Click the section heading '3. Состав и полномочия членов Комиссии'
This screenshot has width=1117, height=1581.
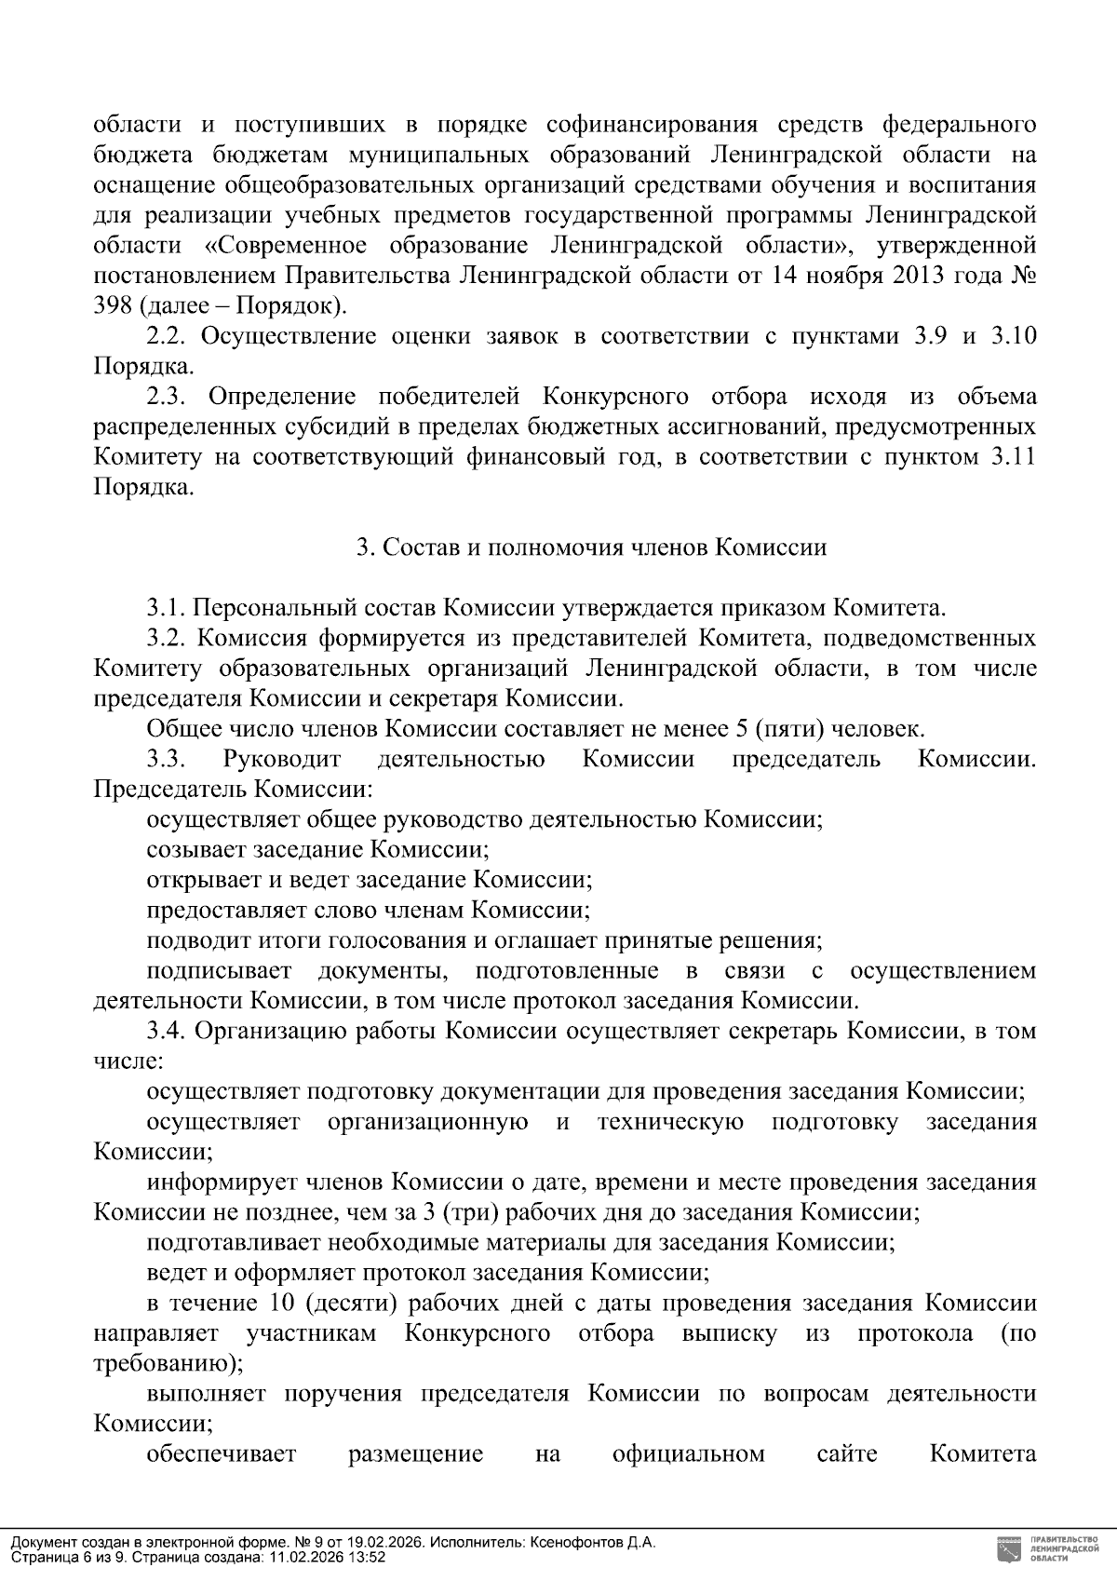592,547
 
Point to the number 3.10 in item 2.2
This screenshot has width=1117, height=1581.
1014,336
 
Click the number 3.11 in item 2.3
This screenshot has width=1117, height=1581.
1014,457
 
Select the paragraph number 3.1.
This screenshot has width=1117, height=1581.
166,609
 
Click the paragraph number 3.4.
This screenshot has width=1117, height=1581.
166,1032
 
